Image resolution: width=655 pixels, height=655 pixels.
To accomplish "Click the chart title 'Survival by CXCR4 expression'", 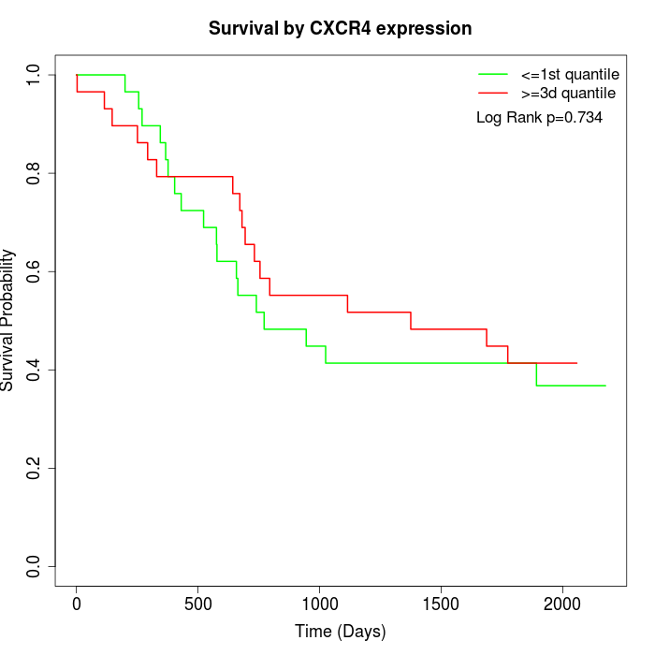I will click(341, 29).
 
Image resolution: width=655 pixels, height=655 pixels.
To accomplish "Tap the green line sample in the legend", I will click(493, 74).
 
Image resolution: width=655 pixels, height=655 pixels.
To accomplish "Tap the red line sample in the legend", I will click(493, 93).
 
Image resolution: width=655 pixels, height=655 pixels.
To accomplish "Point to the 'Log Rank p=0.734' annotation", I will click(539, 118).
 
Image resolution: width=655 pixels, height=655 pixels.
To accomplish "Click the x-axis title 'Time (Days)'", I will click(341, 632).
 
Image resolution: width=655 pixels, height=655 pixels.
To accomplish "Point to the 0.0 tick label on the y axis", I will click(34, 566).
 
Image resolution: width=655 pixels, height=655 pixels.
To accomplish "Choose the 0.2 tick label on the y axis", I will click(34, 468).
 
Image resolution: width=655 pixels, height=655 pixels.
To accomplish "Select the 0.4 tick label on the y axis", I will click(34, 370).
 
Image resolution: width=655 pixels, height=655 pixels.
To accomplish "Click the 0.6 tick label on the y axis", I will click(34, 271).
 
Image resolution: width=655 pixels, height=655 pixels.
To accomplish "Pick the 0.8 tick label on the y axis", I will click(34, 173).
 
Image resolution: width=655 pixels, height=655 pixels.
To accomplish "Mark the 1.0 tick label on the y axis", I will click(34, 75).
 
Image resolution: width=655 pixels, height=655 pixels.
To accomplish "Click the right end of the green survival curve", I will click(605, 386).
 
